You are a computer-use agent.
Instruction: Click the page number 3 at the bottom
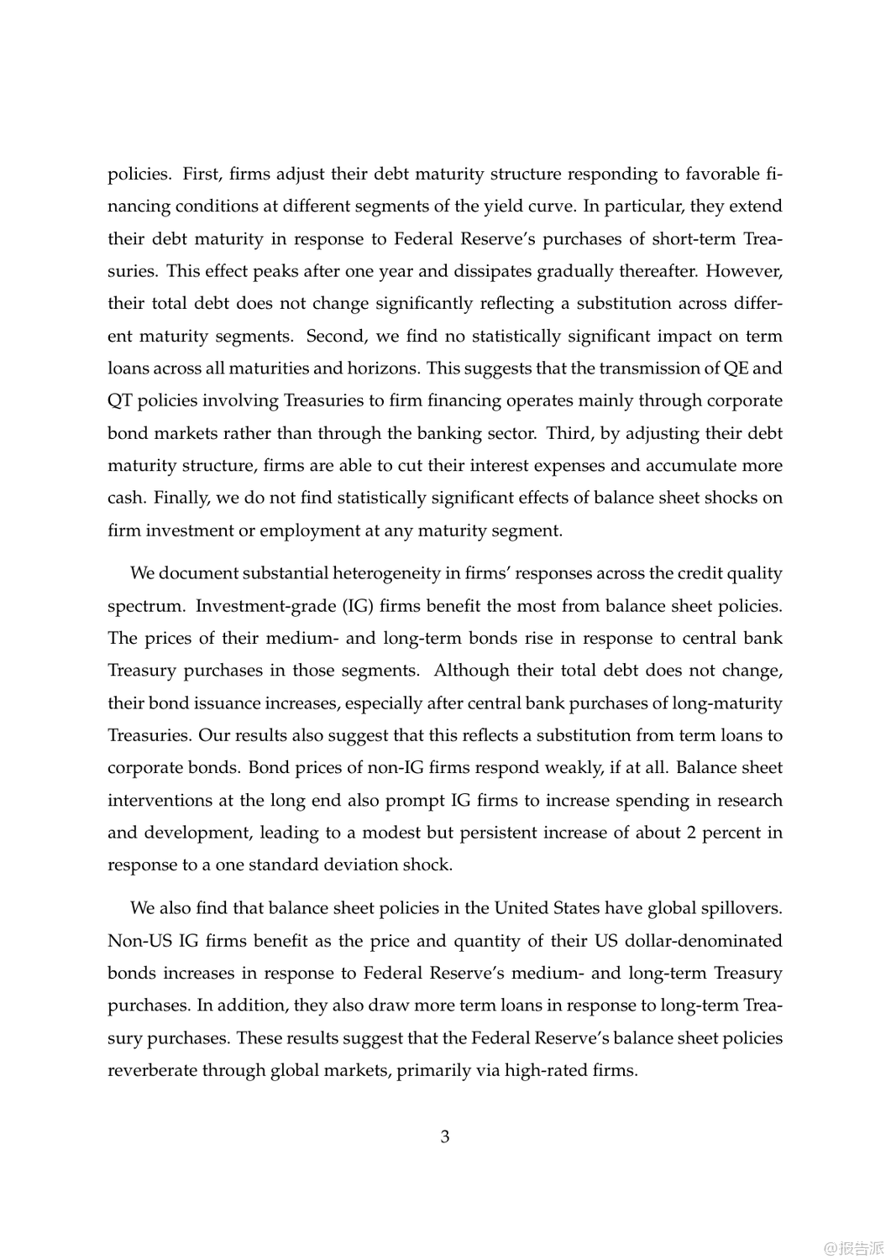point(445,1137)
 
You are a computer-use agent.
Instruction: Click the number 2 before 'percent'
point(691,833)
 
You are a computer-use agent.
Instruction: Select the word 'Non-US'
point(139,941)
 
